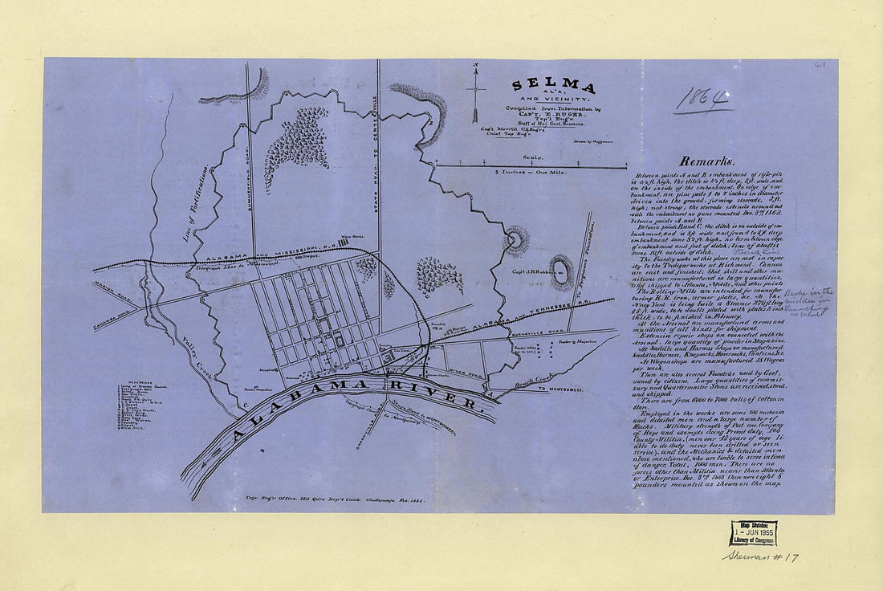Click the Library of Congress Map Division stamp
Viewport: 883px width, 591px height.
(753, 533)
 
